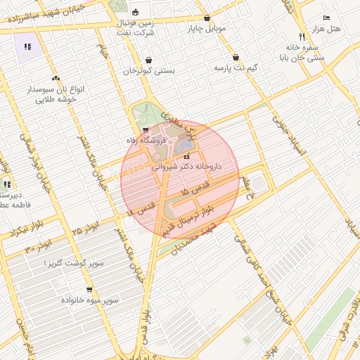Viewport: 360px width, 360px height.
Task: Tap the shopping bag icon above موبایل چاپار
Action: [207, 18]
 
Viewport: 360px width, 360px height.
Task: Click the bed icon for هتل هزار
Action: [326, 18]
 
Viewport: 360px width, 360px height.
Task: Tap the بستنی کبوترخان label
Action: [150, 71]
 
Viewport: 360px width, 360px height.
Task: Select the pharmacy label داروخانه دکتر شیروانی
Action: [187, 167]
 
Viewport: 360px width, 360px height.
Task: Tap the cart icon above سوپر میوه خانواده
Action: [89, 290]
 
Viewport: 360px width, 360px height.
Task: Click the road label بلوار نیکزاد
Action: [15, 231]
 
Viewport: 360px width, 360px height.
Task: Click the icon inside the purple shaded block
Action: [27, 47]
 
